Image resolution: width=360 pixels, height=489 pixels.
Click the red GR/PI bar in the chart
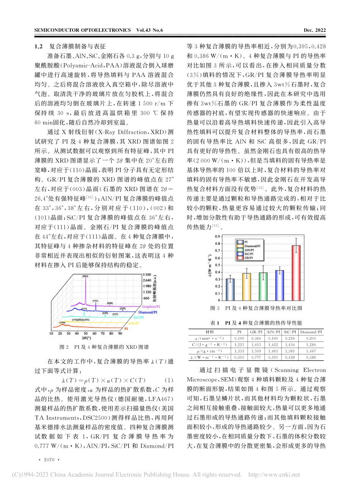(x=296, y=273)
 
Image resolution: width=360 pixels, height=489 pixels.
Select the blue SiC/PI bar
(x=280, y=285)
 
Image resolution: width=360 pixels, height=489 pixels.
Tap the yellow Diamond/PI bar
(x=247, y=287)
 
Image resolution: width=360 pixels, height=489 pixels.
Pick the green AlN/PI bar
(x=263, y=286)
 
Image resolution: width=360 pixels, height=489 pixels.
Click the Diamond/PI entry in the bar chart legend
(x=252, y=246)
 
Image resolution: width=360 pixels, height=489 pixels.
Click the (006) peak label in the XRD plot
(x=110, y=303)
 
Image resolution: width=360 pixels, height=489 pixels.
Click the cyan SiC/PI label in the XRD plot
(x=138, y=317)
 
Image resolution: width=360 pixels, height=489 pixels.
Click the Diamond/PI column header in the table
(x=310, y=332)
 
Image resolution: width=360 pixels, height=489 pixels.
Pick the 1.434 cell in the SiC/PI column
(x=290, y=345)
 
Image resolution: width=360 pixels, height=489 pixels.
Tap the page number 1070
(x=49, y=459)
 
